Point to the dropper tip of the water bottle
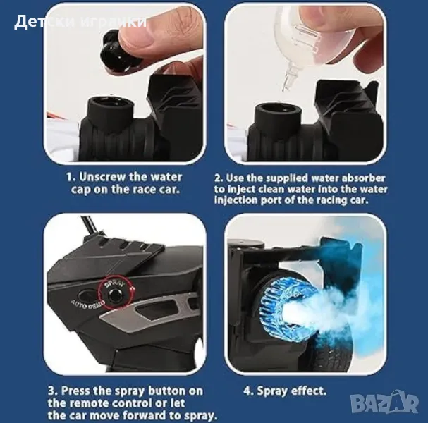click(x=287, y=80)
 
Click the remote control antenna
click(x=91, y=225)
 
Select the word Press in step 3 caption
click(x=76, y=391)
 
